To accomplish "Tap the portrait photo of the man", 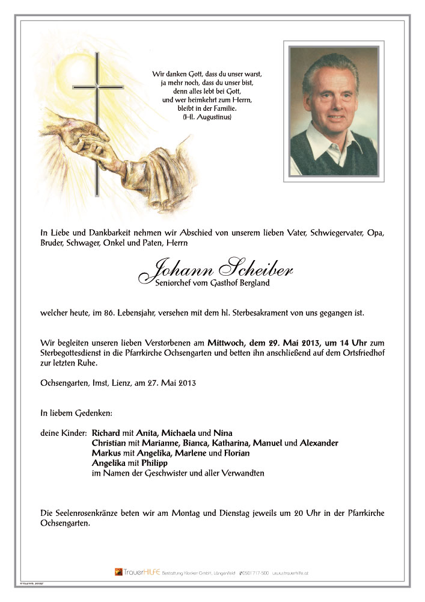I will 334,111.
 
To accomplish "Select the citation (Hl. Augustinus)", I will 206,117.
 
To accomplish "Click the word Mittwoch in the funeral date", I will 226,343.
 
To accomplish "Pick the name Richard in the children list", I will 106,433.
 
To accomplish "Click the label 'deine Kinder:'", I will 63,433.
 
